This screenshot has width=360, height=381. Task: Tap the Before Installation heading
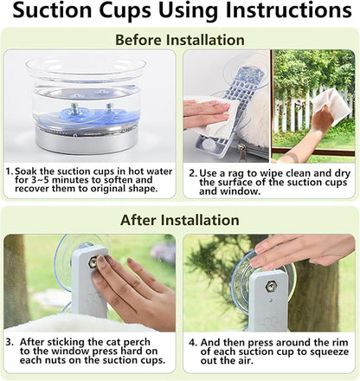[180, 40]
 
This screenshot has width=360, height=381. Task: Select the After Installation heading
[180, 220]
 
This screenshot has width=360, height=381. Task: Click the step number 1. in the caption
[10, 171]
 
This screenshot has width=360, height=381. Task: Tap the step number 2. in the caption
[193, 174]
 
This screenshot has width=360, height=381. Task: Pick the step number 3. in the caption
[10, 342]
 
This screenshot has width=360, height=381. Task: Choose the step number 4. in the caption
[193, 343]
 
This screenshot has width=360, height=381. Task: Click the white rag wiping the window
[331, 105]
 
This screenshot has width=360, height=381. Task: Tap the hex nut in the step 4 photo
[271, 287]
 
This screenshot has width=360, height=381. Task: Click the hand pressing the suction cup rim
[303, 252]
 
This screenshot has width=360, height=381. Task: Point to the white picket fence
[313, 111]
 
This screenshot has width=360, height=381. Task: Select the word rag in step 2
[236, 174]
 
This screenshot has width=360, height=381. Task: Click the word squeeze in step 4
[329, 352]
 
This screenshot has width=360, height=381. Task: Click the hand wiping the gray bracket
[207, 113]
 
